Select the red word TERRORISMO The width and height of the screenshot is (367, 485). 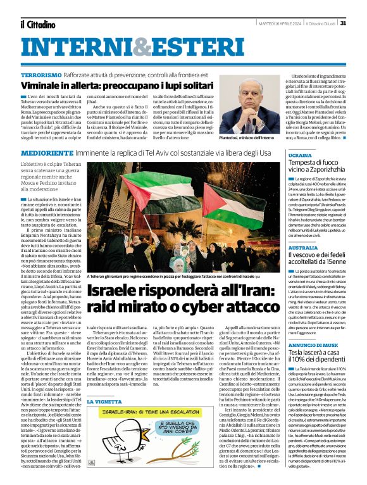(40, 75)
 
